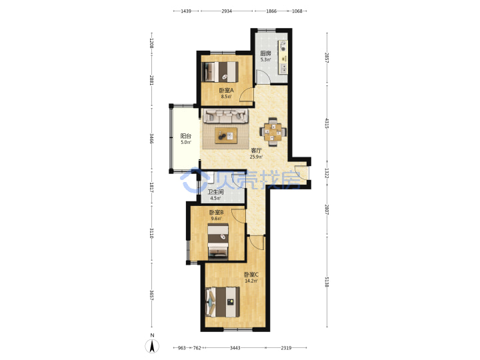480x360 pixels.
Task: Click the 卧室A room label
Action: [x=226, y=90]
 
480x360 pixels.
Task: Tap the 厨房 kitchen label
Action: [x=265, y=53]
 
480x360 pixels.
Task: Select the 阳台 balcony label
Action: [x=185, y=136]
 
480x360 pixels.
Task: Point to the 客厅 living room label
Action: [x=256, y=150]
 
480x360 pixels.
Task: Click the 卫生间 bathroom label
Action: [x=215, y=192]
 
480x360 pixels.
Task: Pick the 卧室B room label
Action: [x=216, y=212]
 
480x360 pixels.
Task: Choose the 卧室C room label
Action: [x=251, y=275]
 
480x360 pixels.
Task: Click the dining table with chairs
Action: [x=273, y=132]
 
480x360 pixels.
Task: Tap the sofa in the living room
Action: [x=225, y=116]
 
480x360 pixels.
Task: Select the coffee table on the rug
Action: [x=226, y=135]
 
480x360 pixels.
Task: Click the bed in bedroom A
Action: [x=221, y=72]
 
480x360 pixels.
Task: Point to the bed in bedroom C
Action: [x=223, y=303]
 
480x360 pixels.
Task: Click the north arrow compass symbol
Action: [x=152, y=346]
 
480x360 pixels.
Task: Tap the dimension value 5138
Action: [x=327, y=282]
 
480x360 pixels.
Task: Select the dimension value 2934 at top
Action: [x=227, y=11]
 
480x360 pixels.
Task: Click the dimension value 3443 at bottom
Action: [x=235, y=348]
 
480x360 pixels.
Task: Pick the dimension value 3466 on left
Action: [x=151, y=138]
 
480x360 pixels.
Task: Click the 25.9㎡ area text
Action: [x=256, y=157]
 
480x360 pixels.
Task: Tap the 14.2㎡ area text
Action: [x=251, y=281]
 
